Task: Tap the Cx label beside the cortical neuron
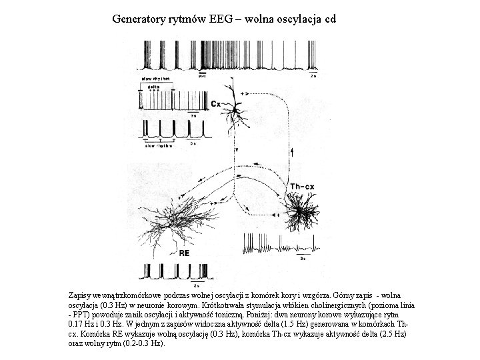tap(216, 104)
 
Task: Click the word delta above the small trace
tap(153, 87)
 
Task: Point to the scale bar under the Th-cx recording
tap(303, 253)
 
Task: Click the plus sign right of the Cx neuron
tap(251, 93)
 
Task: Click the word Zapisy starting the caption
tap(81, 294)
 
